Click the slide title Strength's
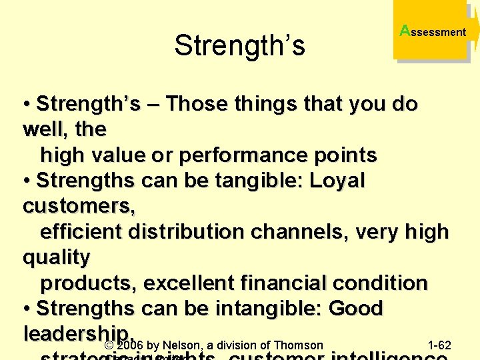pos(239,45)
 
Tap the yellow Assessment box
pos(433,31)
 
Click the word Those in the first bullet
pos(195,104)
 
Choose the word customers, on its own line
pos(79,207)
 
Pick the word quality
pos(57,257)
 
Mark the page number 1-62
pos(439,345)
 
